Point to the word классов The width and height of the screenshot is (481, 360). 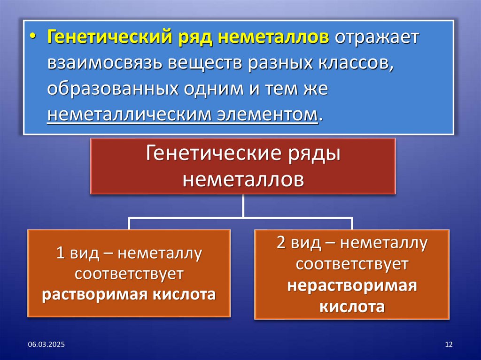click(357, 63)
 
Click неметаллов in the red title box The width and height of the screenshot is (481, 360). click(243, 179)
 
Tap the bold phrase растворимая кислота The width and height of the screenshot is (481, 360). click(129, 295)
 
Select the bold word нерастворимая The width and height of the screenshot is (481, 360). click(352, 286)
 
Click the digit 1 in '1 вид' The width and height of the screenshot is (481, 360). click(60, 253)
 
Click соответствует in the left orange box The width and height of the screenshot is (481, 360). click(129, 274)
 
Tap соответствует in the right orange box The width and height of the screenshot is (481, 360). click(352, 265)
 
